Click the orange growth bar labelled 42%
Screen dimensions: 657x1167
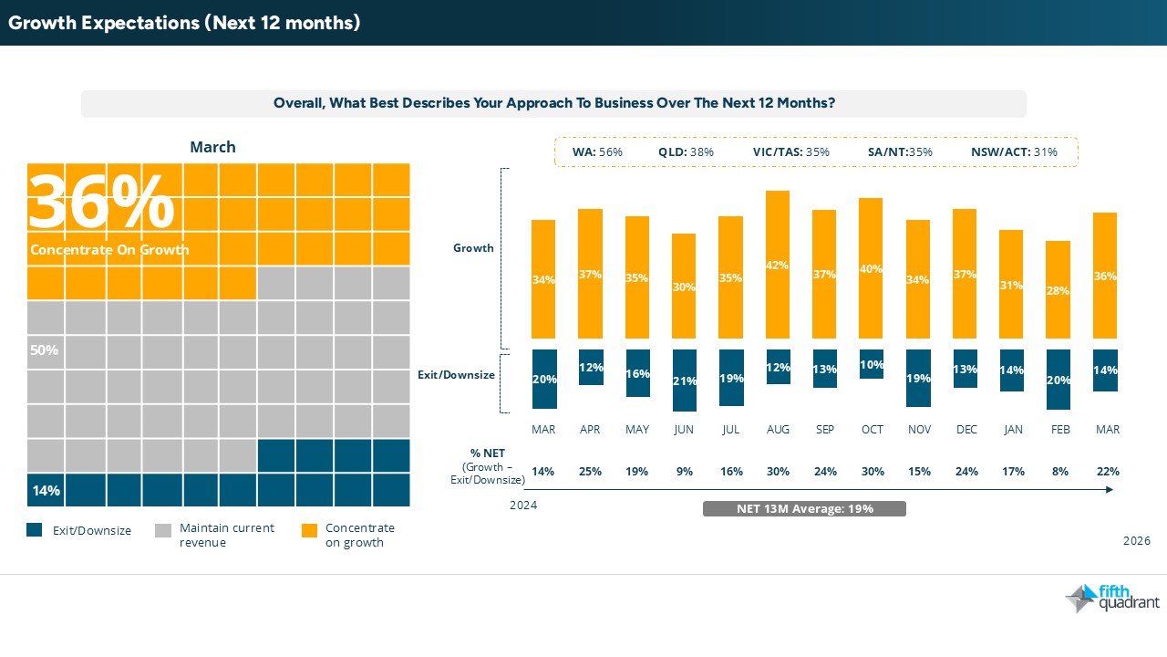click(x=778, y=265)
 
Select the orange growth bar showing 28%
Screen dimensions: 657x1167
click(x=1059, y=290)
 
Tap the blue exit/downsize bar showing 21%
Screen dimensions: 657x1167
click(x=684, y=381)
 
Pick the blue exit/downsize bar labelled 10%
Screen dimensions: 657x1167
click(x=871, y=364)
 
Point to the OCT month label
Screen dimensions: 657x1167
click(x=871, y=429)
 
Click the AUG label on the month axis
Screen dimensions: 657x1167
click(x=778, y=429)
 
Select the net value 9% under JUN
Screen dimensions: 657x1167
click(x=684, y=472)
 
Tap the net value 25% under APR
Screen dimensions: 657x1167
click(x=590, y=472)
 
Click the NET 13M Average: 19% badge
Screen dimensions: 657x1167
click(x=804, y=508)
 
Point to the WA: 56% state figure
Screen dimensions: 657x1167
click(x=597, y=151)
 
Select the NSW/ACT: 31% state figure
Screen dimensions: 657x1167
click(x=1013, y=151)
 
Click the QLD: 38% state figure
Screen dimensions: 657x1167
click(x=686, y=151)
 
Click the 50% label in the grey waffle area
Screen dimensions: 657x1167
click(x=46, y=350)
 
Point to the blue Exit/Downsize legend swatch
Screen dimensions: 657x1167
click(x=35, y=530)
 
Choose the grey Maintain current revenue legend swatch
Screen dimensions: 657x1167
click(x=163, y=530)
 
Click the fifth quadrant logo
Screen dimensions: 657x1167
click(x=1111, y=598)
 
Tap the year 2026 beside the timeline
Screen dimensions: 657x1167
click(x=1137, y=541)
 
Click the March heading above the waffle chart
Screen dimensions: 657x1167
click(x=212, y=147)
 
